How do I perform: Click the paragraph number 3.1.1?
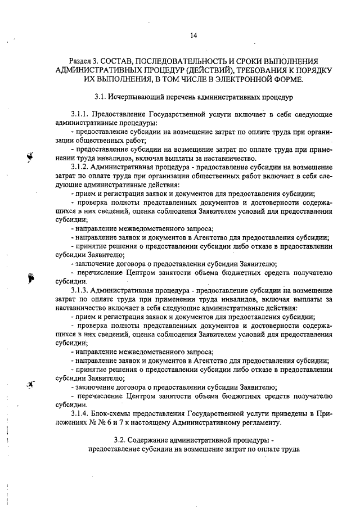click(81, 115)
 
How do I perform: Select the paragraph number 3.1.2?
click(81, 167)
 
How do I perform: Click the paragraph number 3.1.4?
click(81, 415)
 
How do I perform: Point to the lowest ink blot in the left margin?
click(30, 385)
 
